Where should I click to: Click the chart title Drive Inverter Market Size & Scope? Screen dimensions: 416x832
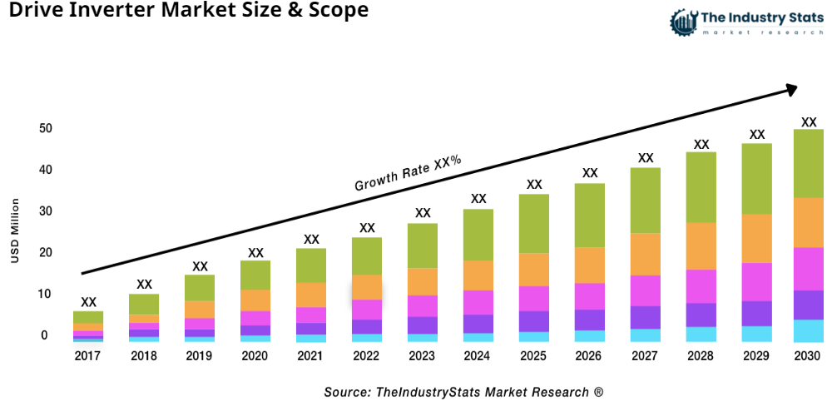point(184,12)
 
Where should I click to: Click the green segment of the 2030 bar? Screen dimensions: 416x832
point(809,163)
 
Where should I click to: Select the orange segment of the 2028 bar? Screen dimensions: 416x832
point(701,246)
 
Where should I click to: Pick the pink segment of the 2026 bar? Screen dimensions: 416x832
point(590,296)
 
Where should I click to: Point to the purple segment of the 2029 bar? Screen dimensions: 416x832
point(757,313)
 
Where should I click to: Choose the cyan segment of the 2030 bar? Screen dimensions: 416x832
point(809,330)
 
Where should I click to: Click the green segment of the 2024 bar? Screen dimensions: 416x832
point(478,235)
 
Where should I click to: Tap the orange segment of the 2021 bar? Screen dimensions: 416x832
point(311,295)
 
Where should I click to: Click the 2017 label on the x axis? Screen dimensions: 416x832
point(88,356)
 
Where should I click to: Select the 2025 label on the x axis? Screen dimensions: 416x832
point(534,356)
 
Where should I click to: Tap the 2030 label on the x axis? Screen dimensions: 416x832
point(809,356)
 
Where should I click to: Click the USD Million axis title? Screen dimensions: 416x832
point(15,231)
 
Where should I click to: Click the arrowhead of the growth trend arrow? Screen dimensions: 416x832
point(791,87)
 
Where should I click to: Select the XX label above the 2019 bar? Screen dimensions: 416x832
point(200,266)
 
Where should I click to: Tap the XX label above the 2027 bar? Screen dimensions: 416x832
point(646,158)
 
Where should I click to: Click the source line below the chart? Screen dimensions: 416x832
point(463,392)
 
